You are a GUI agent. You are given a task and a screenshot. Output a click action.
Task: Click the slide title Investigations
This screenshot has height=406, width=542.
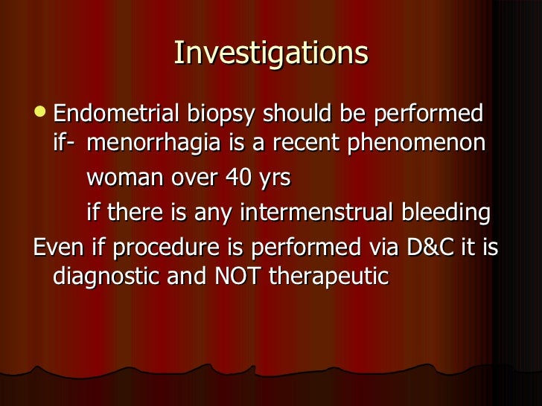(271, 54)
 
